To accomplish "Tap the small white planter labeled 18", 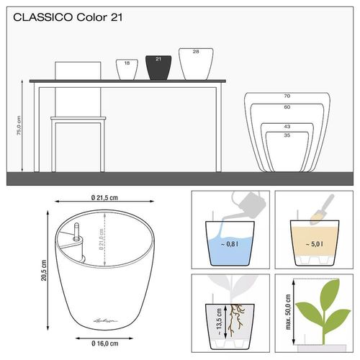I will click(x=127, y=69).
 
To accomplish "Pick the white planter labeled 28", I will click(x=196, y=63).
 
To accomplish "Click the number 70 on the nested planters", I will click(x=286, y=96).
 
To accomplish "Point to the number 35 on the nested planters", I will click(x=287, y=135).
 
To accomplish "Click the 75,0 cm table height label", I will click(x=20, y=130).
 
